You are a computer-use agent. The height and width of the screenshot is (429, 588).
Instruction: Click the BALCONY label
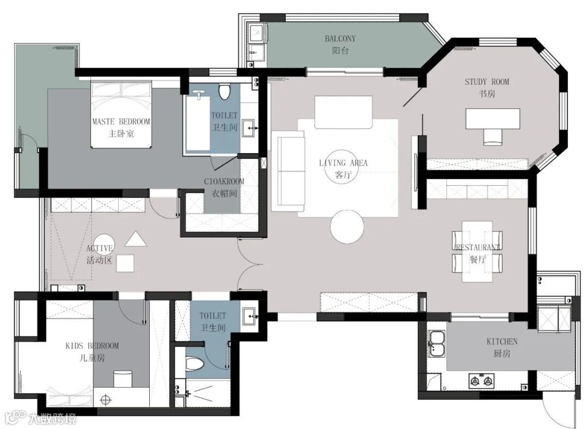point(340,38)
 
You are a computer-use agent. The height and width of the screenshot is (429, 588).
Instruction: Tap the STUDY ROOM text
point(487,82)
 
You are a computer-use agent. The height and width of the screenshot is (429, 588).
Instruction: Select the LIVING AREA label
point(343,163)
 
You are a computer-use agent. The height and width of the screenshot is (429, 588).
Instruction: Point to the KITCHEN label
point(502,342)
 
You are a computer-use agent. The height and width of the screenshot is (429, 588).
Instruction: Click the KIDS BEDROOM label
point(92,346)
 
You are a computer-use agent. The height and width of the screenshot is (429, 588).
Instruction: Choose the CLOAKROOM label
point(224,182)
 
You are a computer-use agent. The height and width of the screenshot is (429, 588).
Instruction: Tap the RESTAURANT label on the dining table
point(478,247)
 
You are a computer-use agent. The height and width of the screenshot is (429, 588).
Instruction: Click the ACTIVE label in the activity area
point(100,248)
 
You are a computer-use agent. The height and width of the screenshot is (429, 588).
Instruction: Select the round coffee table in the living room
point(347,226)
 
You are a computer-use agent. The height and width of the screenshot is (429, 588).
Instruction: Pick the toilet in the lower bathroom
point(194,364)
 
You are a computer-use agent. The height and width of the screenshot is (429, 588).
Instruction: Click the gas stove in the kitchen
point(481,381)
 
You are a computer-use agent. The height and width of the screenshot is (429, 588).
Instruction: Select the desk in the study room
point(493,119)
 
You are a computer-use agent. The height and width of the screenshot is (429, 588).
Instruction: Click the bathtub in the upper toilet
point(198,124)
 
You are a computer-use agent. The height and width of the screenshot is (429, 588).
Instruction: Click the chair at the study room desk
point(492,137)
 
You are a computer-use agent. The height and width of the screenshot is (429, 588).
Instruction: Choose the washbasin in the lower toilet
point(249,316)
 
